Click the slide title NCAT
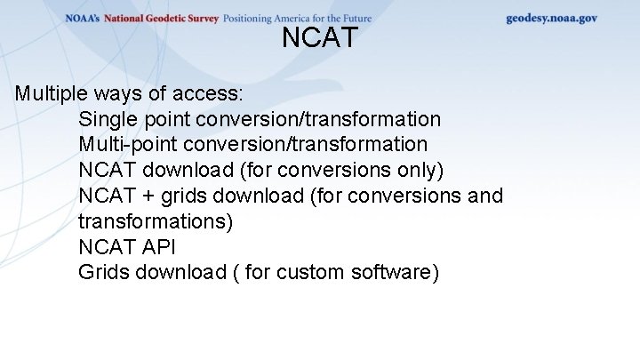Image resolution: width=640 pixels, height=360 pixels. (x=320, y=38)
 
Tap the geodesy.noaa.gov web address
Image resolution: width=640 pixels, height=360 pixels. (x=551, y=18)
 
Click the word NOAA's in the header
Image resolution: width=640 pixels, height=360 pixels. (x=83, y=19)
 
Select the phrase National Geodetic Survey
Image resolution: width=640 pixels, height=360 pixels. (x=161, y=19)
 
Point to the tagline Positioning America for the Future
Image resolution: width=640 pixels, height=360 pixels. (x=297, y=19)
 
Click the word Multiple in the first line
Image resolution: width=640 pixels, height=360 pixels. (x=50, y=93)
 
